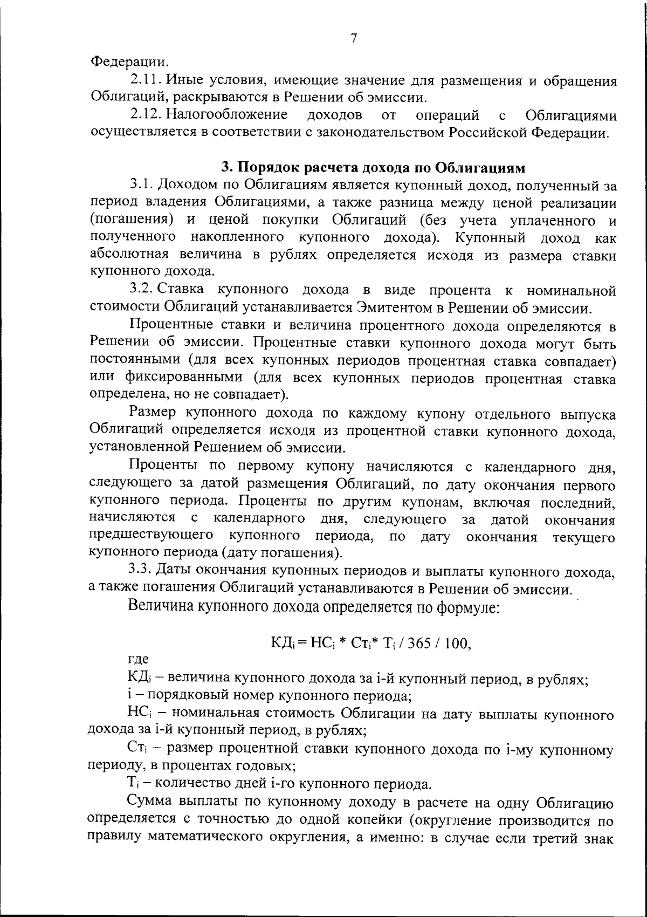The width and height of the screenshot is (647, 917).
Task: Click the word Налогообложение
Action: (x=226, y=115)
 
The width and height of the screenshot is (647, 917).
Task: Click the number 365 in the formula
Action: (x=431, y=644)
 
